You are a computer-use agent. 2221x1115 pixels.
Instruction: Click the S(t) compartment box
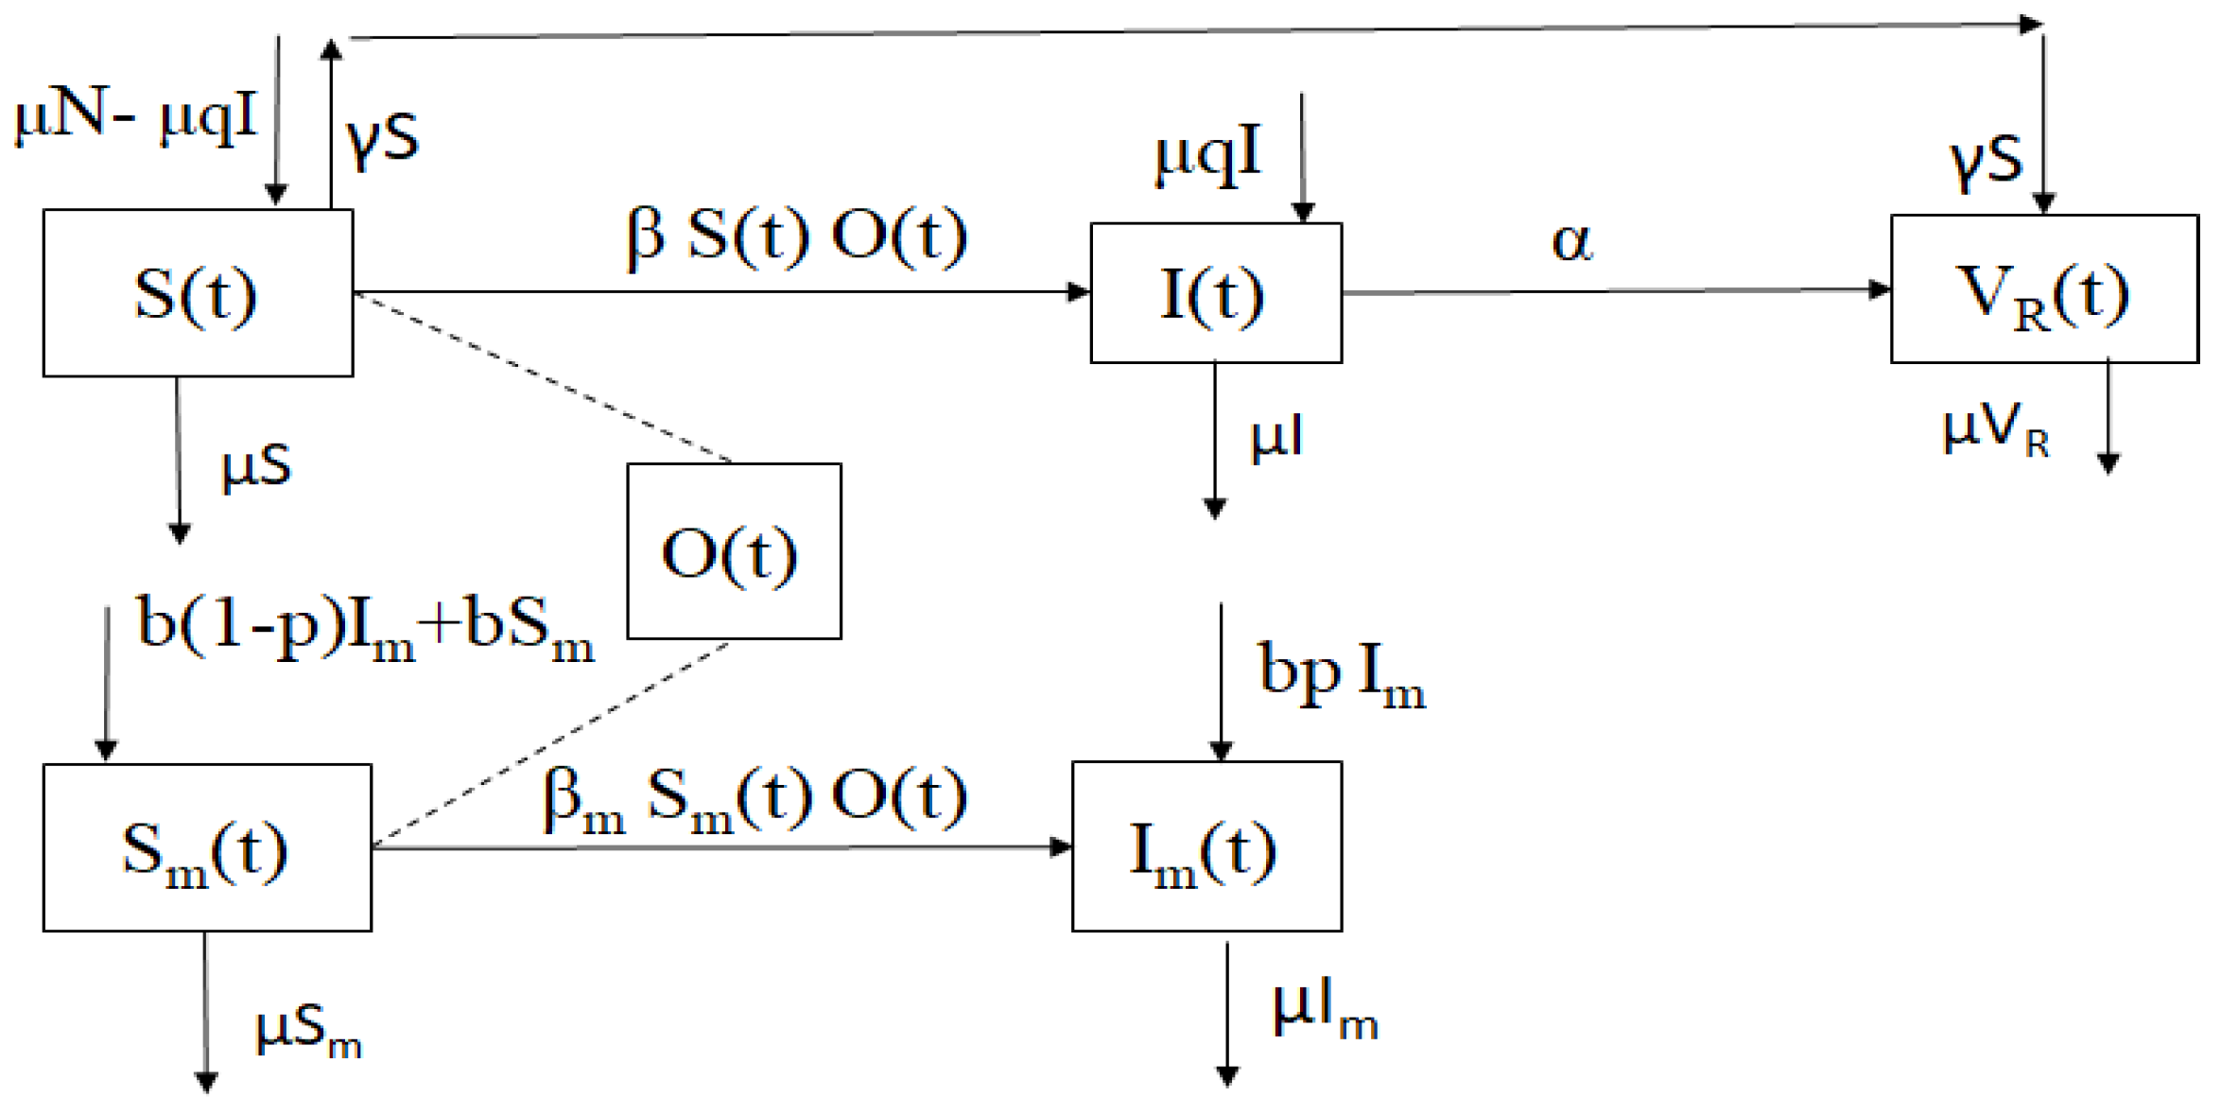[198, 293]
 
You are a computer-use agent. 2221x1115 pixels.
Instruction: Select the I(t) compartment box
[1215, 293]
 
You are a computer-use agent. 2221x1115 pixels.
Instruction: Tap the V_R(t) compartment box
[2043, 289]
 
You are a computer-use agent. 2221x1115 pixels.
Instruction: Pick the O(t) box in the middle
[734, 551]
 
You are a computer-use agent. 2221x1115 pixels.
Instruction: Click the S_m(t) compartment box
[207, 847]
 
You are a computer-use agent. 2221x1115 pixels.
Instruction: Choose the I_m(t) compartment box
[1206, 847]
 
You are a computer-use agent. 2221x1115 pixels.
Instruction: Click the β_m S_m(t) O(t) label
[755, 799]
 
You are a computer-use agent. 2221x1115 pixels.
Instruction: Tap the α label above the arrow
[1571, 242]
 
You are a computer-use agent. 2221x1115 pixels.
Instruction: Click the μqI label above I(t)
[1207, 155]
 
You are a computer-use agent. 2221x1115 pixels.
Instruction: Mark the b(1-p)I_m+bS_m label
[365, 629]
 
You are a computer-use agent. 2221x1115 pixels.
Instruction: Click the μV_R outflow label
[1995, 430]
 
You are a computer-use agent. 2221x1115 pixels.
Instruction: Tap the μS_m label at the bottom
[308, 1030]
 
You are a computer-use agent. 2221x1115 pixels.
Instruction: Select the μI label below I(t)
[1276, 439]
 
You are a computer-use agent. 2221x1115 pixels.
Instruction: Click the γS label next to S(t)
[382, 138]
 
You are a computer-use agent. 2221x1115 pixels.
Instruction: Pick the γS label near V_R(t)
[1986, 161]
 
